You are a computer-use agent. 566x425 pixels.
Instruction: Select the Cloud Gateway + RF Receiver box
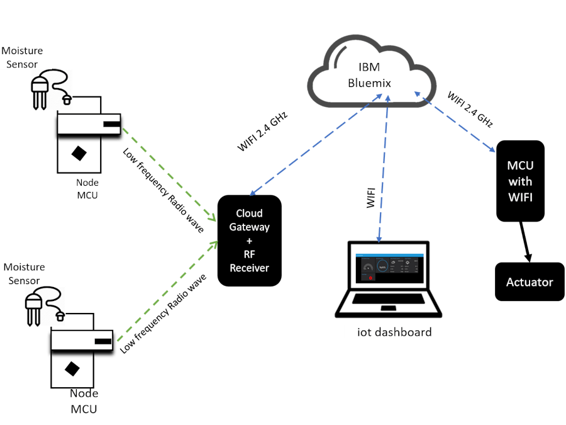[249, 241]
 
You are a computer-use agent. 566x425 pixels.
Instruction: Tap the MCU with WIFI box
[520, 181]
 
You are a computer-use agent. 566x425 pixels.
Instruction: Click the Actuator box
[530, 282]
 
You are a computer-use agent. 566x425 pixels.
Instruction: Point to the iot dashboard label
[394, 332]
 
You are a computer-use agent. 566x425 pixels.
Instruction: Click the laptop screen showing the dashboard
[388, 269]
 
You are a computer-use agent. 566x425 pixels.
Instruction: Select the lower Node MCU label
[84, 401]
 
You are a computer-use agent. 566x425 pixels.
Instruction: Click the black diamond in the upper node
[79, 152]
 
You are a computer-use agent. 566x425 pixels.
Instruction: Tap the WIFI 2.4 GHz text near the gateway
[262, 132]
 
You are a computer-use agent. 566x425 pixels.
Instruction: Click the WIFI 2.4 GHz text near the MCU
[470, 110]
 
